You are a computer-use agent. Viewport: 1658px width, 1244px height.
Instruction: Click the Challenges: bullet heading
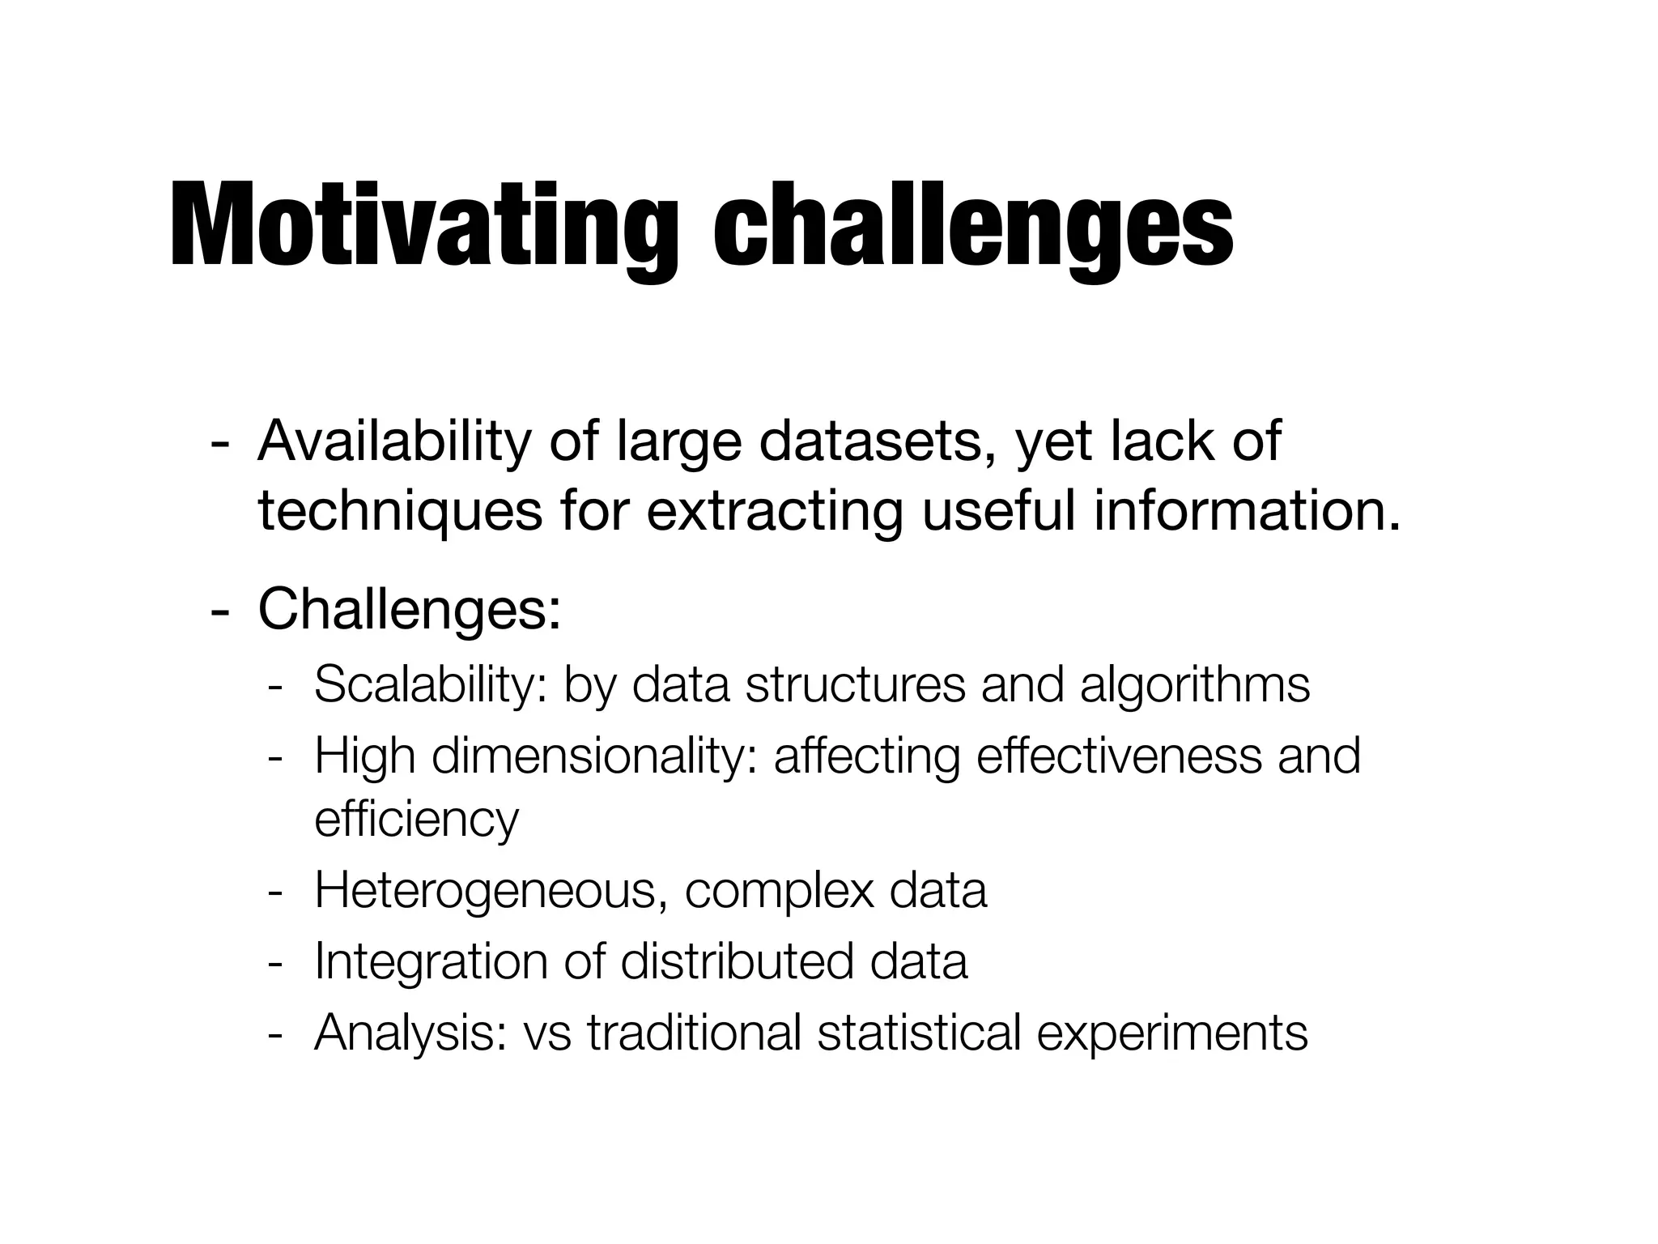pyautogui.click(x=409, y=609)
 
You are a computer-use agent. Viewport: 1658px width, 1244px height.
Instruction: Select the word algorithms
pyautogui.click(x=1194, y=684)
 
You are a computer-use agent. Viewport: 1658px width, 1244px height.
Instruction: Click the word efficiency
pyautogui.click(x=416, y=820)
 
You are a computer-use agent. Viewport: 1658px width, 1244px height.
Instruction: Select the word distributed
pyautogui.click(x=736, y=961)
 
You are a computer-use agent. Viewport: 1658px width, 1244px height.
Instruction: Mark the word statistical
pyautogui.click(x=919, y=1032)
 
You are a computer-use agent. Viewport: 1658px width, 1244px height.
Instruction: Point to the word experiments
pyautogui.click(x=1171, y=1033)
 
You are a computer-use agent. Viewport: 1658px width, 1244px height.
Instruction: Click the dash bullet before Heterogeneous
pyautogui.click(x=275, y=892)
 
